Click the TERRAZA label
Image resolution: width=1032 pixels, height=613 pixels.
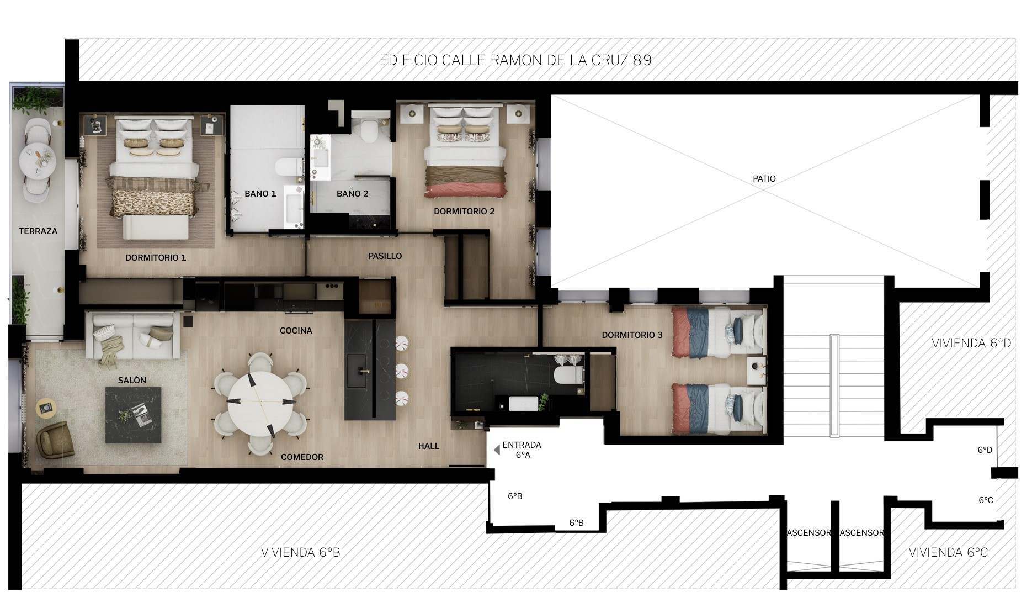click(x=38, y=231)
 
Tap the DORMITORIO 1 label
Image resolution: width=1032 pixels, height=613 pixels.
click(x=156, y=258)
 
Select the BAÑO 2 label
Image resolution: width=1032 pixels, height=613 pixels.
click(x=352, y=194)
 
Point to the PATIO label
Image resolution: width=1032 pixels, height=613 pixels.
click(x=764, y=179)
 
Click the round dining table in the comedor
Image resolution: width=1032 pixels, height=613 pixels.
click(x=260, y=403)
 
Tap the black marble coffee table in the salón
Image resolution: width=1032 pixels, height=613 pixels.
click(x=134, y=415)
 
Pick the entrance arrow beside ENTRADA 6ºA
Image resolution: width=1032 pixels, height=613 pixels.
click(x=497, y=450)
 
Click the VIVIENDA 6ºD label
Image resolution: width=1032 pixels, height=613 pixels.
click(x=971, y=344)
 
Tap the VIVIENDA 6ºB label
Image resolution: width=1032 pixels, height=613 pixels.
click(x=301, y=552)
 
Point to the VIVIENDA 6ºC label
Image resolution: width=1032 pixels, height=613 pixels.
click(x=948, y=552)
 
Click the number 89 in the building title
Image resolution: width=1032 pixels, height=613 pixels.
click(x=642, y=60)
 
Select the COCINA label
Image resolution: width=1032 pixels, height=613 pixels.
click(x=296, y=331)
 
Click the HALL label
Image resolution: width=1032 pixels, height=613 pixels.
click(x=429, y=446)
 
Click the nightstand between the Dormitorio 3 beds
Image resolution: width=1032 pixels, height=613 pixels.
click(x=756, y=370)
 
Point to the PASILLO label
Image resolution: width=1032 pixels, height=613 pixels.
click(x=385, y=256)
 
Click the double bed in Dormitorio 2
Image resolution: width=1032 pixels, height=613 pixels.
click(x=465, y=152)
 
